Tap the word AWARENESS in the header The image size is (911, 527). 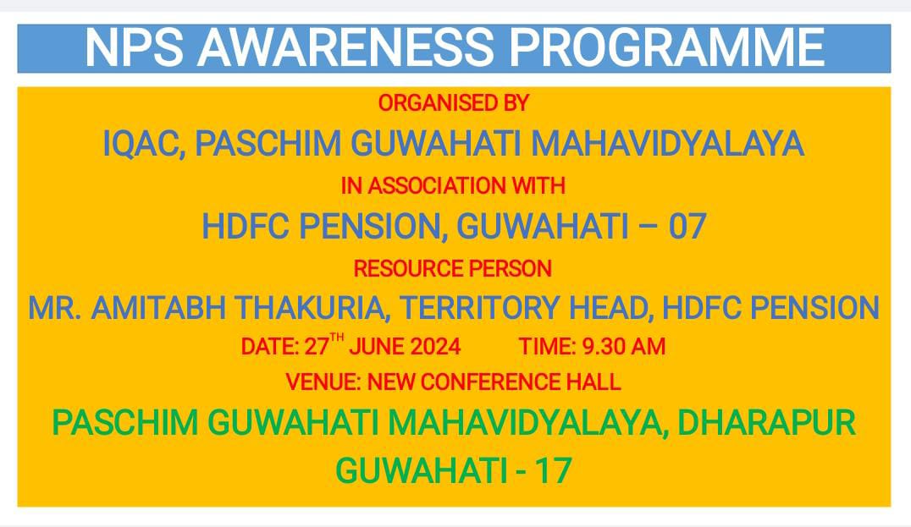(345, 47)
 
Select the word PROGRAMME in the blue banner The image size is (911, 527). (667, 47)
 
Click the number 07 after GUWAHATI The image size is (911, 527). (687, 227)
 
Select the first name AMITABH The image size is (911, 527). (158, 308)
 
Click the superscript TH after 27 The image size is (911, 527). (337, 338)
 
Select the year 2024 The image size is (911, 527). (436, 347)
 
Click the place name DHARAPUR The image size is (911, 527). (767, 422)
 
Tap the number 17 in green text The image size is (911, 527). (554, 470)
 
